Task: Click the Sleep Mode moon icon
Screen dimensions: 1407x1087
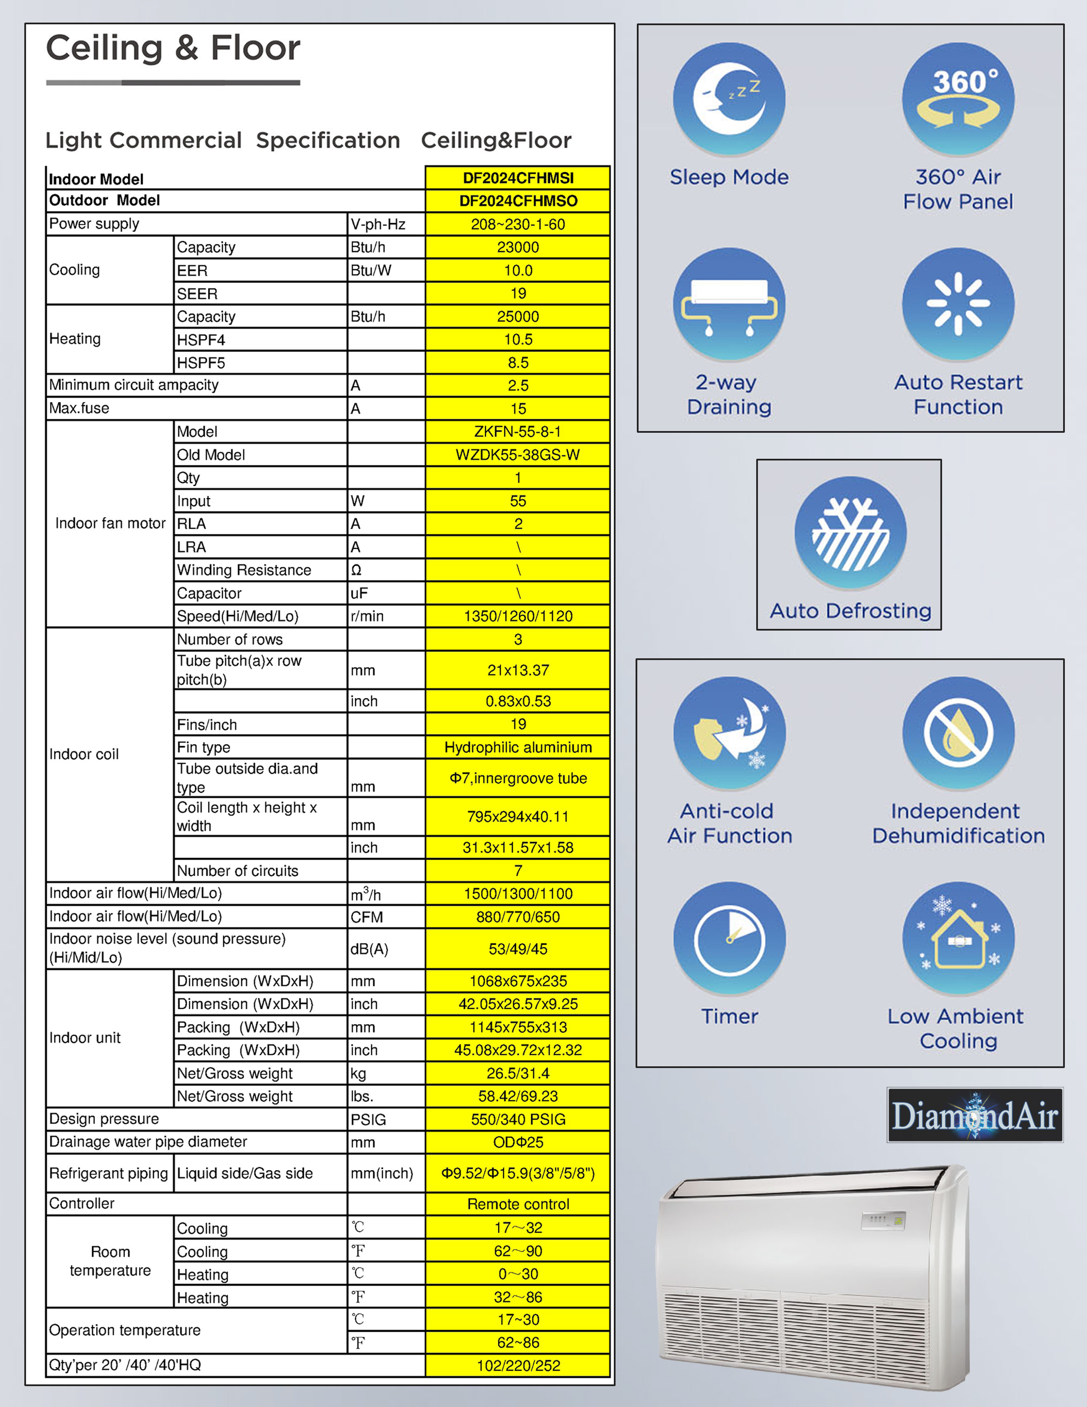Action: (x=729, y=98)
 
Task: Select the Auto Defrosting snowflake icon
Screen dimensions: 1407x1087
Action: (x=850, y=532)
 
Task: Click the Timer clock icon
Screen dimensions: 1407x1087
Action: (x=729, y=938)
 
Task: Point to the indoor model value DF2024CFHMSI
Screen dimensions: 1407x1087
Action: (x=518, y=178)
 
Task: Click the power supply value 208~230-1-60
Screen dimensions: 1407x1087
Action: (x=518, y=224)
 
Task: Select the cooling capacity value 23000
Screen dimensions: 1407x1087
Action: (x=518, y=247)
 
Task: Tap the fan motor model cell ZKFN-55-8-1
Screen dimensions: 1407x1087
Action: (x=518, y=431)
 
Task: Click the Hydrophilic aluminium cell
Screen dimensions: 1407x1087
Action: (x=518, y=747)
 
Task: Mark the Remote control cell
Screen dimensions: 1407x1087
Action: (x=518, y=1204)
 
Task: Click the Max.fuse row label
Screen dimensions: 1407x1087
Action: (x=79, y=408)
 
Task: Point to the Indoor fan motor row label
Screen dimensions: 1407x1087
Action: (x=110, y=523)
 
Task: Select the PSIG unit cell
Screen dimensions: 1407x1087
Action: (x=368, y=1120)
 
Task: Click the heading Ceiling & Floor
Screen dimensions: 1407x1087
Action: (x=173, y=48)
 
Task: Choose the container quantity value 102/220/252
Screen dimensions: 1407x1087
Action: (x=518, y=1366)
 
